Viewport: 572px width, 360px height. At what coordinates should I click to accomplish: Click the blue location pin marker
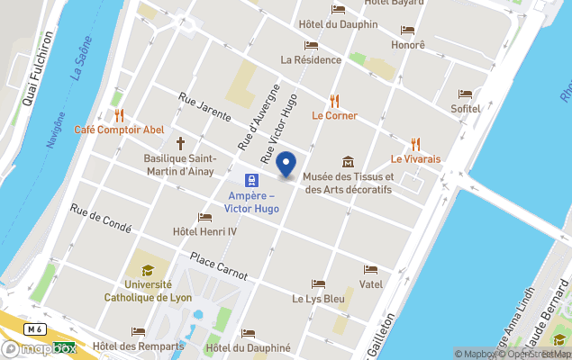point(286,165)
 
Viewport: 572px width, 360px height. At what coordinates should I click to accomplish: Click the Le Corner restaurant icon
point(335,100)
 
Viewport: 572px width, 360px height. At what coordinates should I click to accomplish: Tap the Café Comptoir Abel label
point(125,130)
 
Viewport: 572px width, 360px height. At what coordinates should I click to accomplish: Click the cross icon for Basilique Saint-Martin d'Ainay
point(180,143)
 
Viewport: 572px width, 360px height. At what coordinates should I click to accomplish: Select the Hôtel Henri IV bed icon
point(204,217)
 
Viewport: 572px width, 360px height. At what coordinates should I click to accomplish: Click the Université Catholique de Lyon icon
point(147,269)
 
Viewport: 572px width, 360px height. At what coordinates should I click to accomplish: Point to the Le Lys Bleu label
point(318,298)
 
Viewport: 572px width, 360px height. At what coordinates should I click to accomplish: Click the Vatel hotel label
point(371,283)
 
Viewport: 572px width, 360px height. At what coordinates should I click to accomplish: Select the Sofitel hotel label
point(466,108)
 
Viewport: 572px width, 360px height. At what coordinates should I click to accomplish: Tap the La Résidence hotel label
point(311,59)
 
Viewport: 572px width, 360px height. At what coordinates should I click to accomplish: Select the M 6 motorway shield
point(35,329)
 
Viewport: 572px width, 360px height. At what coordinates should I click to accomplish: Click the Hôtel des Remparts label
point(138,346)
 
